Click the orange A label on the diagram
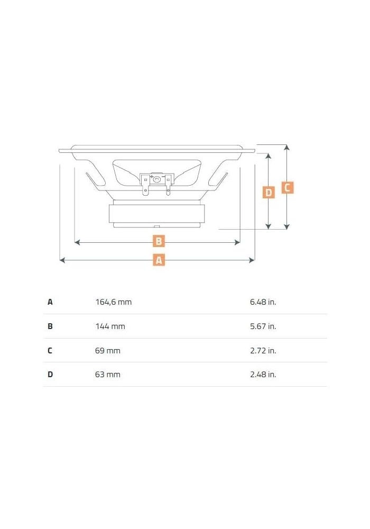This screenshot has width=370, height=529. coord(159,260)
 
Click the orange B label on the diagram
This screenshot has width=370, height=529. coord(159,242)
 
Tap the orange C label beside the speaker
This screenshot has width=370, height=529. coord(287,187)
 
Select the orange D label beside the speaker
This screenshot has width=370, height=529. coord(269,193)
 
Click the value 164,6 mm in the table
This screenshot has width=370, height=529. coord(113,302)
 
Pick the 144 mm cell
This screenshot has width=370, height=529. coord(110,326)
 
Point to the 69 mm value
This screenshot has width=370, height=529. coord(107,350)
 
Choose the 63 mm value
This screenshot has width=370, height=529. coord(107,375)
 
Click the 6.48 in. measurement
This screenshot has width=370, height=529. coord(263,302)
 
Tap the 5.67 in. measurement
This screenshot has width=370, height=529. coord(263,326)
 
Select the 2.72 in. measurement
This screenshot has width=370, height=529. coord(263,350)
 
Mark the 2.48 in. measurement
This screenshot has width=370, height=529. coord(263,375)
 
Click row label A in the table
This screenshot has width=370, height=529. coord(50,302)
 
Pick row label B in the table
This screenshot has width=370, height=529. coord(50,326)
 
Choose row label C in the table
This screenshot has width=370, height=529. coord(50,350)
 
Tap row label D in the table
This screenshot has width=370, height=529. coord(50,375)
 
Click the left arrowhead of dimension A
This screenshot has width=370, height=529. coord(62,260)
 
